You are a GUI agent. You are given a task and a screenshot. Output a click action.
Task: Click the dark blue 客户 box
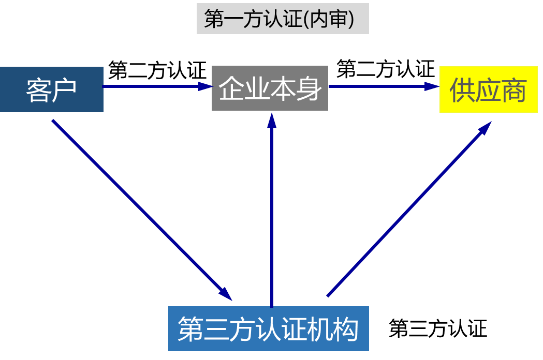[51, 89]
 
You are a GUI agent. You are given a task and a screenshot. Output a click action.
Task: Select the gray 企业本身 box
[270, 88]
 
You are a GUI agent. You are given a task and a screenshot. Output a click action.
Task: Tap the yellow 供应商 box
[488, 89]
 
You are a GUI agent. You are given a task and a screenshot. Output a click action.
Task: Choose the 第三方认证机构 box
[268, 328]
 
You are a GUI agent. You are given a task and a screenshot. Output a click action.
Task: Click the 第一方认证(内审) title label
[283, 19]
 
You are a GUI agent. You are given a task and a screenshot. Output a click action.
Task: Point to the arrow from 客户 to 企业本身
[155, 86]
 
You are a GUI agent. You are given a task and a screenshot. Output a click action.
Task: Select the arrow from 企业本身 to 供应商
[383, 86]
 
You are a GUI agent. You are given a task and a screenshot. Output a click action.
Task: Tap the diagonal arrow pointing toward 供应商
[409, 209]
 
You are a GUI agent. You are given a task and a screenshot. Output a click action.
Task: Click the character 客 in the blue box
[38, 90]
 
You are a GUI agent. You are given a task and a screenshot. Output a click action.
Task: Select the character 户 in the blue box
[64, 90]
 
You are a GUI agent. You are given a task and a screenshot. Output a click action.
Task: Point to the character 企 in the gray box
[231, 88]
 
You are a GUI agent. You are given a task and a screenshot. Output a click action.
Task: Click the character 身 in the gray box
[309, 88]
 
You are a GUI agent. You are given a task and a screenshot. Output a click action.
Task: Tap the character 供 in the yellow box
[462, 91]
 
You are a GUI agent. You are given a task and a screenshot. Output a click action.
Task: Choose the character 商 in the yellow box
[514, 91]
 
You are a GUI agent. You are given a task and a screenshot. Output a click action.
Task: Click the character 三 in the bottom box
[216, 329]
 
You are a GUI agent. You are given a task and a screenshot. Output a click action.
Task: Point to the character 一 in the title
[237, 19]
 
